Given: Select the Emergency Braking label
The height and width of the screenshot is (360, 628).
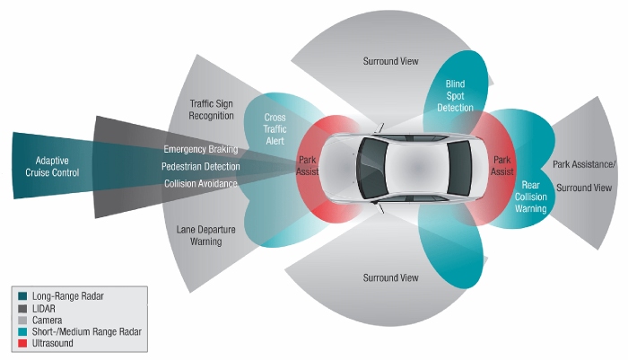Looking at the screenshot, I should (200, 148).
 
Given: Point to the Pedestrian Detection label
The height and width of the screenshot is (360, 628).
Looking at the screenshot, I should (200, 166).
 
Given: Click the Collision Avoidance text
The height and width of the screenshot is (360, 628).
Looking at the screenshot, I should (200, 184).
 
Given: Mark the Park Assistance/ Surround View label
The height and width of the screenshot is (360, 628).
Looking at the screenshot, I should (583, 176).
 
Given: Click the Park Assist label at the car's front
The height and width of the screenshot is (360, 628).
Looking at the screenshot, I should (308, 165).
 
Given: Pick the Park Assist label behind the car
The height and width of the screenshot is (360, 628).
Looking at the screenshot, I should (502, 165).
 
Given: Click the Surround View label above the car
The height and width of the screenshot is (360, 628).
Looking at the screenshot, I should (390, 61).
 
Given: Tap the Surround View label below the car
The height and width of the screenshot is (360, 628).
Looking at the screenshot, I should (390, 278).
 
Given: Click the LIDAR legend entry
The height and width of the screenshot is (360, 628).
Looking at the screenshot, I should (45, 307).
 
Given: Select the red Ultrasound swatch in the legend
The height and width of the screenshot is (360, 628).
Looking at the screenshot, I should (21, 343).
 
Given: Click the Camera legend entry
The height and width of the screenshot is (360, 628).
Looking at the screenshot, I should (49, 319).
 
